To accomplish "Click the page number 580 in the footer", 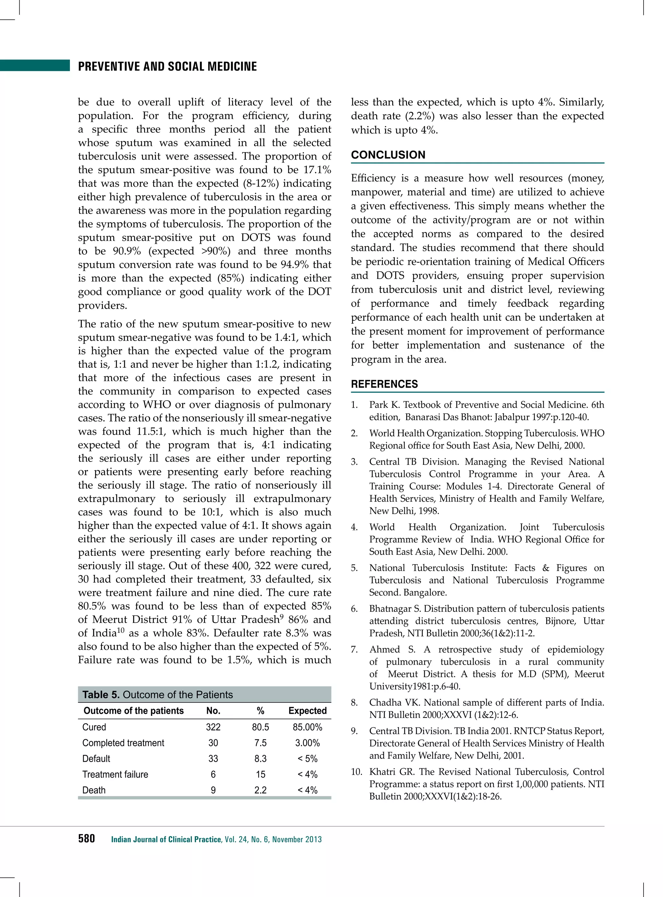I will [x=86, y=838].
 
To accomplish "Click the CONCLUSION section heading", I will [x=388, y=155].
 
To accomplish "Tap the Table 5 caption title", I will [x=157, y=695].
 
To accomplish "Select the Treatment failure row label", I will [x=115, y=774].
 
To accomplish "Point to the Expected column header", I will [x=308, y=711].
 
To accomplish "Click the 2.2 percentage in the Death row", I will [x=261, y=790].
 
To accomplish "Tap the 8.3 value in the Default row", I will [x=261, y=758].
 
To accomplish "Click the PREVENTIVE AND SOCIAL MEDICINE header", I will [x=167, y=66].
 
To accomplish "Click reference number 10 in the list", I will [x=356, y=772].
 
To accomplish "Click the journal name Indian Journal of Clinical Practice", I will [x=166, y=839].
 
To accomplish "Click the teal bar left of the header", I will [x=35, y=65].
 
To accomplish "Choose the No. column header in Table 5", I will [x=213, y=711].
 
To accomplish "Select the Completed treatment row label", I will [x=123, y=743].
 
